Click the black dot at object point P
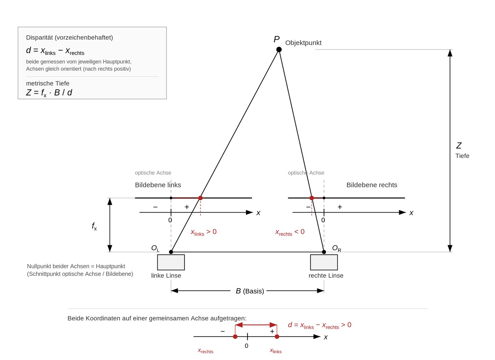point(279,50)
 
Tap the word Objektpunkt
point(303,43)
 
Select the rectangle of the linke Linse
point(171,262)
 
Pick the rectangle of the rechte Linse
point(324,262)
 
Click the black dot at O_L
point(171,252)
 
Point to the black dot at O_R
point(324,252)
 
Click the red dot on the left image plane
point(200,198)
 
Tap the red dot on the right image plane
point(311,198)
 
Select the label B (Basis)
point(250,291)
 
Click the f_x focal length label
point(94,226)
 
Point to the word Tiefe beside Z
point(462,156)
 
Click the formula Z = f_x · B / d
point(49,93)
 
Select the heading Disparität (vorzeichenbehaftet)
point(69,37)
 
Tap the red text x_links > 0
point(204,232)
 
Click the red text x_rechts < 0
point(290,232)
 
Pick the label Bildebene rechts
point(372,185)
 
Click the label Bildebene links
point(158,185)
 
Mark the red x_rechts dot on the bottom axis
point(235,337)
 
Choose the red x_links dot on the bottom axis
point(277,337)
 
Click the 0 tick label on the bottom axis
point(246,346)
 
